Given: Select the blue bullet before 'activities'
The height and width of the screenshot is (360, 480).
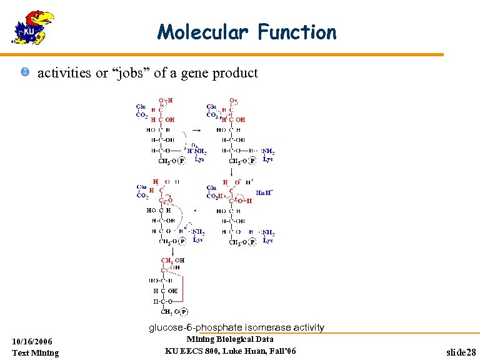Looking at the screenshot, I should [24, 73].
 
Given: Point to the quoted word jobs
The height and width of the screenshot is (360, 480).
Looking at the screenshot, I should [129, 73].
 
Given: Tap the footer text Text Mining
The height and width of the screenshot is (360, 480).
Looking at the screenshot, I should [35, 352].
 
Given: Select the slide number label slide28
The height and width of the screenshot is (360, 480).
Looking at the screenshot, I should [461, 353].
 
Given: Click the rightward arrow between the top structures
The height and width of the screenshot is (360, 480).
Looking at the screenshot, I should [196, 130].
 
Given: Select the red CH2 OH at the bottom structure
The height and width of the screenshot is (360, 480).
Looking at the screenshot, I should [172, 261].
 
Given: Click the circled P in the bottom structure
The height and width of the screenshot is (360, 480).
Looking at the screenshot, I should [184, 311].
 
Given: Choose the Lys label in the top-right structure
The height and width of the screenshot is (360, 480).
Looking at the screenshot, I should [267, 159].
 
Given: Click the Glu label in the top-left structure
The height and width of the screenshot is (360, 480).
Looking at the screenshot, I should [141, 107].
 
